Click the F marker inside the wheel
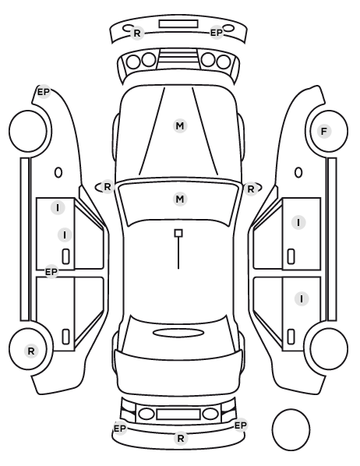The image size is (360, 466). (324, 131)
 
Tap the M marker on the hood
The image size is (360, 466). (180, 126)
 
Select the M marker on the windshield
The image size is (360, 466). (180, 199)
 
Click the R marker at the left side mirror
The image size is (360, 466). (108, 187)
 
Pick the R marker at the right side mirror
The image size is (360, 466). (251, 189)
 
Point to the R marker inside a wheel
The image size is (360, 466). (31, 351)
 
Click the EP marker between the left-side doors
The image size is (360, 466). (51, 272)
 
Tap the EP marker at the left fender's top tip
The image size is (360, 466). (44, 92)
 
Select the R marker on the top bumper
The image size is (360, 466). (136, 33)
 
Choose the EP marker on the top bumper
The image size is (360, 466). (217, 33)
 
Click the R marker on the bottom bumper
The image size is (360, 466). (181, 438)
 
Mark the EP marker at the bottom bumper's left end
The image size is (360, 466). (120, 429)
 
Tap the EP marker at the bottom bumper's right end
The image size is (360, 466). (241, 425)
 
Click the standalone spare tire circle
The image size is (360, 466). (291, 429)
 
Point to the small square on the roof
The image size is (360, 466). (178, 233)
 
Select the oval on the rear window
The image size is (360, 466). (178, 333)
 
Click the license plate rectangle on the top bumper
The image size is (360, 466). (178, 24)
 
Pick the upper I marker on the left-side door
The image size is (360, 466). (58, 207)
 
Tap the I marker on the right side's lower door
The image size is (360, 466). (302, 298)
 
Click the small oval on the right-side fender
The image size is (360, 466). (298, 172)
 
